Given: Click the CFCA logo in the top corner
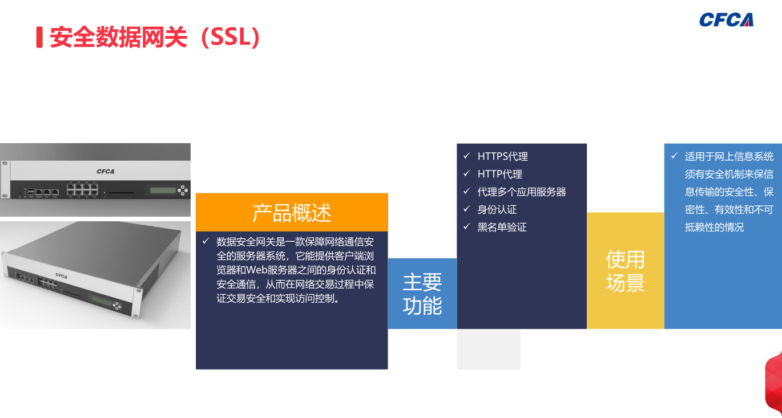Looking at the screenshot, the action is click(x=726, y=20).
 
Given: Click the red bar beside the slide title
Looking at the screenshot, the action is click(x=39, y=37).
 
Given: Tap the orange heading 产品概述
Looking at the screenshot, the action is click(x=292, y=213).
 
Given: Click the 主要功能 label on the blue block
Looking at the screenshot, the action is click(x=422, y=294).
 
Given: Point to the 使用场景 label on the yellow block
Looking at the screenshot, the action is click(x=625, y=271).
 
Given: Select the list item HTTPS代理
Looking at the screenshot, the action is click(x=503, y=156).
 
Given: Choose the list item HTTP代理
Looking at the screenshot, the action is click(x=500, y=174).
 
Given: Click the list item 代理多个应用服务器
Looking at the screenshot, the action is click(x=522, y=192).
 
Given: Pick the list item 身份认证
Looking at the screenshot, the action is click(x=497, y=210).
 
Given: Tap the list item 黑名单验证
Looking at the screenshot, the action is click(x=502, y=228).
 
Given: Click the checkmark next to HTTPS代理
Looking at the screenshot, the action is click(x=467, y=156).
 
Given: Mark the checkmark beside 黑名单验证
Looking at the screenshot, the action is click(x=467, y=227).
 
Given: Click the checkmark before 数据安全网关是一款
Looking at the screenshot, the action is click(x=205, y=241).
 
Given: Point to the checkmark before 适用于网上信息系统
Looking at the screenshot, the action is click(x=674, y=156).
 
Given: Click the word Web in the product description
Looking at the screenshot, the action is click(x=257, y=270).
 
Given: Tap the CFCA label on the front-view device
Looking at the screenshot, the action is click(x=106, y=172).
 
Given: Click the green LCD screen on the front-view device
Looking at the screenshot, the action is click(x=163, y=190).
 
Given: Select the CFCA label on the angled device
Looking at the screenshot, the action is click(x=62, y=275).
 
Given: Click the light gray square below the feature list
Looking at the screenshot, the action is click(x=489, y=349).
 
